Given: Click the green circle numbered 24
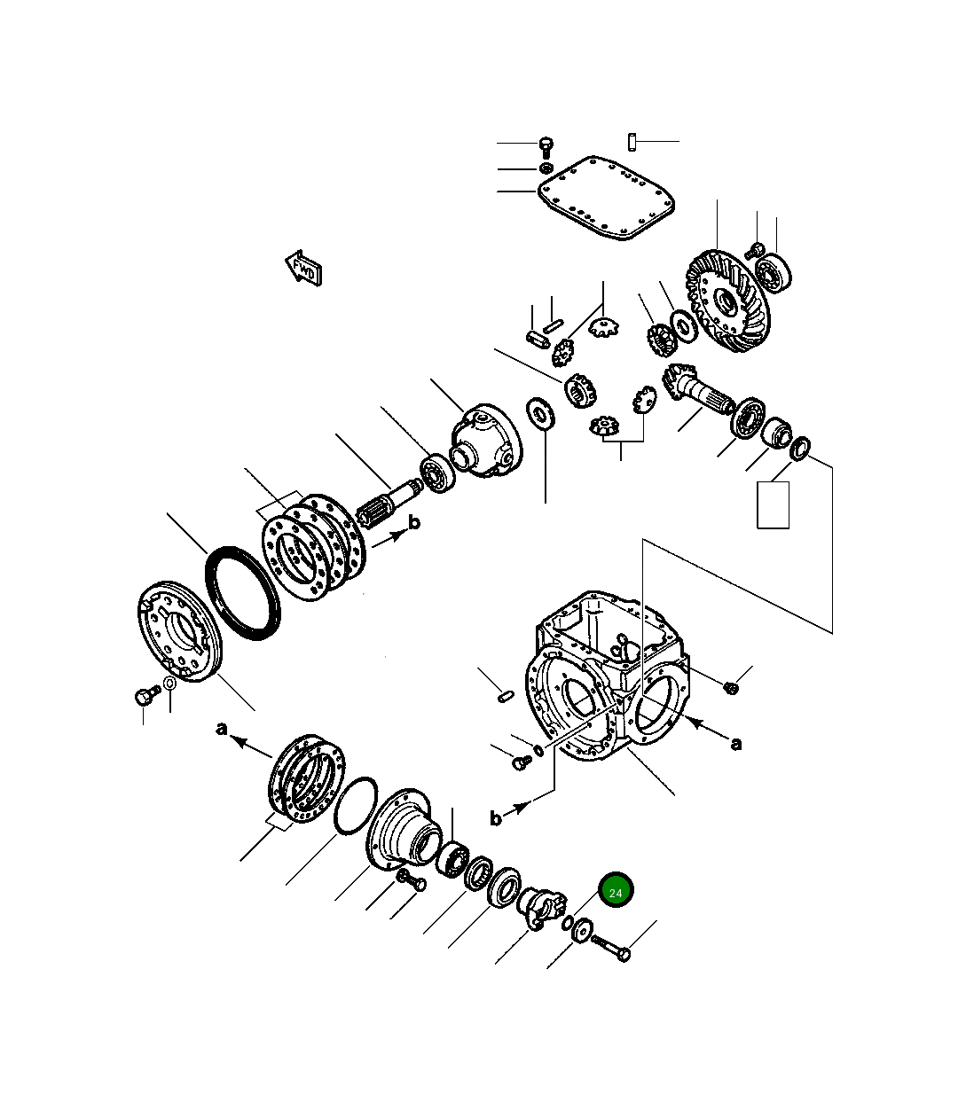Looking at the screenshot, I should pyautogui.click(x=617, y=891).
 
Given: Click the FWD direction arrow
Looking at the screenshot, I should pyautogui.click(x=303, y=268).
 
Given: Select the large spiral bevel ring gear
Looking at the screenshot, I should pyautogui.click(x=725, y=300).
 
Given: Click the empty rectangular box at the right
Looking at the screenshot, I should pyautogui.click(x=773, y=504).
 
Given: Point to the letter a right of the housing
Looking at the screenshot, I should pyautogui.click(x=735, y=743).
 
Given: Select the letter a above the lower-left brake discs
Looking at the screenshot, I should pyautogui.click(x=223, y=729).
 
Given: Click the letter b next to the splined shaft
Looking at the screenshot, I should pyautogui.click(x=413, y=522).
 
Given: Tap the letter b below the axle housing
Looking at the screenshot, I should pyautogui.click(x=496, y=818).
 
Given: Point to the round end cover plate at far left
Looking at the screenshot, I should pyautogui.click(x=182, y=629).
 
